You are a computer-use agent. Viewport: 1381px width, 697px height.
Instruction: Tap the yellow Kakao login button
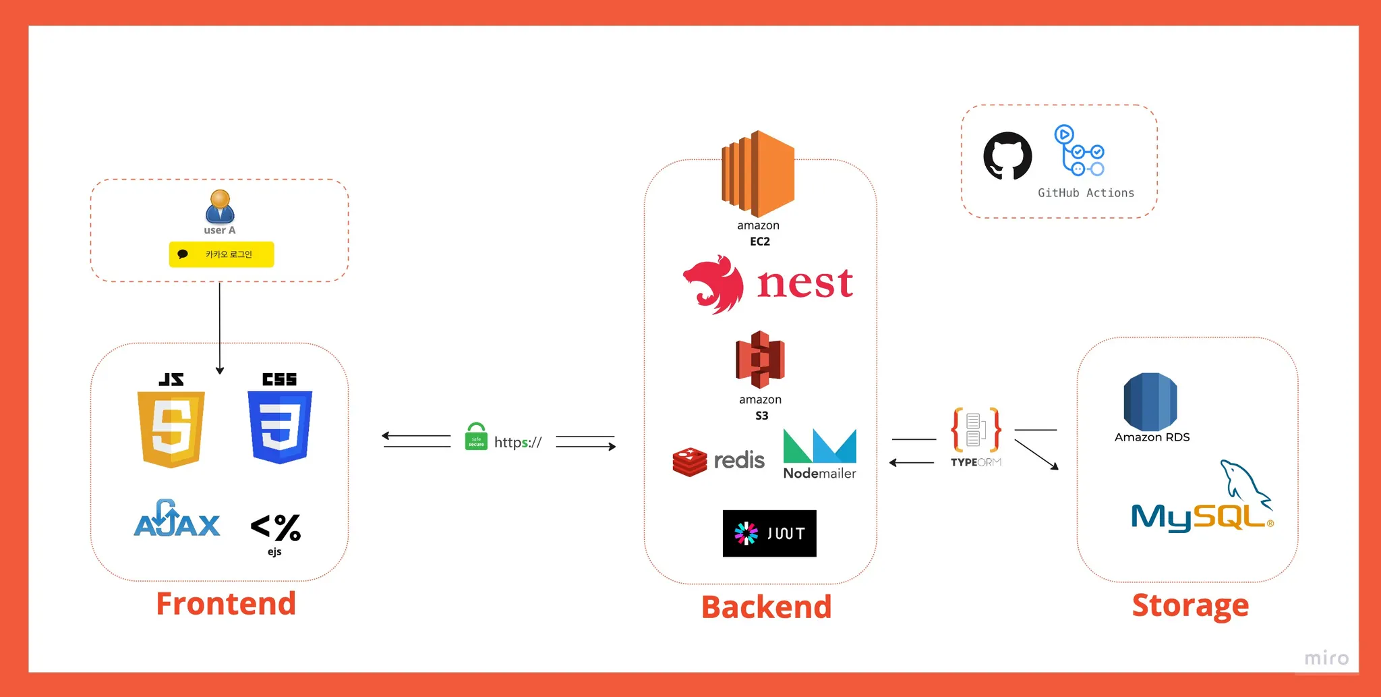coord(221,254)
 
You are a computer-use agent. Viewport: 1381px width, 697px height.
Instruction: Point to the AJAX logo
coord(177,520)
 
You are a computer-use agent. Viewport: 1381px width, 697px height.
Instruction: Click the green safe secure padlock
coord(476,437)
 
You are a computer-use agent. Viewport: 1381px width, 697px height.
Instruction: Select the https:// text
coord(518,443)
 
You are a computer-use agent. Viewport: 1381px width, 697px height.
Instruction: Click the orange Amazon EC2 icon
coord(758,174)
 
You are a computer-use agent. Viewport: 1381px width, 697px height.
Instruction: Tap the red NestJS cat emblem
coord(713,284)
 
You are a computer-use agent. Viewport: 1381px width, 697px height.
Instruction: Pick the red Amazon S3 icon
coord(760,360)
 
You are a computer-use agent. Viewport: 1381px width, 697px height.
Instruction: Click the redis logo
coord(718,462)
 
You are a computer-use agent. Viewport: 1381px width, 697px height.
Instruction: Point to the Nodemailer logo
coord(819,454)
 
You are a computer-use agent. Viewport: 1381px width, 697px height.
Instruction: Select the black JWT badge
coord(769,533)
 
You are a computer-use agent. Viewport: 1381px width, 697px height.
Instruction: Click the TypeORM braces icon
coord(976,430)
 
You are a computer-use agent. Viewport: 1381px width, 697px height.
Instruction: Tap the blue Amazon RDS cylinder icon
coord(1150,402)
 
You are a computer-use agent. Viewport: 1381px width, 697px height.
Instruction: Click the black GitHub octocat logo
coord(1007,156)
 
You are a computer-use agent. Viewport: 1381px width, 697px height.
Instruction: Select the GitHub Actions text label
coord(1086,193)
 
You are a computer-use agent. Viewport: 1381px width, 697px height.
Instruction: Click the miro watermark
coord(1326,658)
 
